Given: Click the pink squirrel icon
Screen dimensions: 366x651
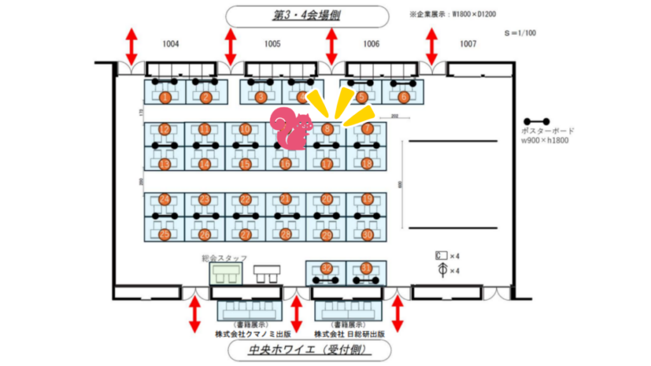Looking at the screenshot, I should [x=291, y=129].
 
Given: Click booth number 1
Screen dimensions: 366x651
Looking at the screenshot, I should [x=165, y=97].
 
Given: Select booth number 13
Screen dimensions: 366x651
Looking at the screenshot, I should [x=165, y=164].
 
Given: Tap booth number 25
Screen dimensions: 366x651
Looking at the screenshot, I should [x=165, y=234].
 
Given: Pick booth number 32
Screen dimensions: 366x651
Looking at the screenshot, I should [x=327, y=268].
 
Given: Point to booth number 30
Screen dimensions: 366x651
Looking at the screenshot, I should [x=367, y=234].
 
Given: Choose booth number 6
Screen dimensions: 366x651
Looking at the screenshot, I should [x=403, y=97].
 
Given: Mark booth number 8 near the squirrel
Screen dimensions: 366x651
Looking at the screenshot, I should [x=327, y=129].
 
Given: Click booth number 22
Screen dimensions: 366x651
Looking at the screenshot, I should [x=245, y=200].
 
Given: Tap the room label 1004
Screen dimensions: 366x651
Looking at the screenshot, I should [x=170, y=44].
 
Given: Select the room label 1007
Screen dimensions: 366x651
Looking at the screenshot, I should [x=468, y=44].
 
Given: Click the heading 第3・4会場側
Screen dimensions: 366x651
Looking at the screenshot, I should [x=307, y=16].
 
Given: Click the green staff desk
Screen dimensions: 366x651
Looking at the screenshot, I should [x=226, y=274].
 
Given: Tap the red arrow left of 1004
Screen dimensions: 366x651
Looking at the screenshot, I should [x=132, y=44].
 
